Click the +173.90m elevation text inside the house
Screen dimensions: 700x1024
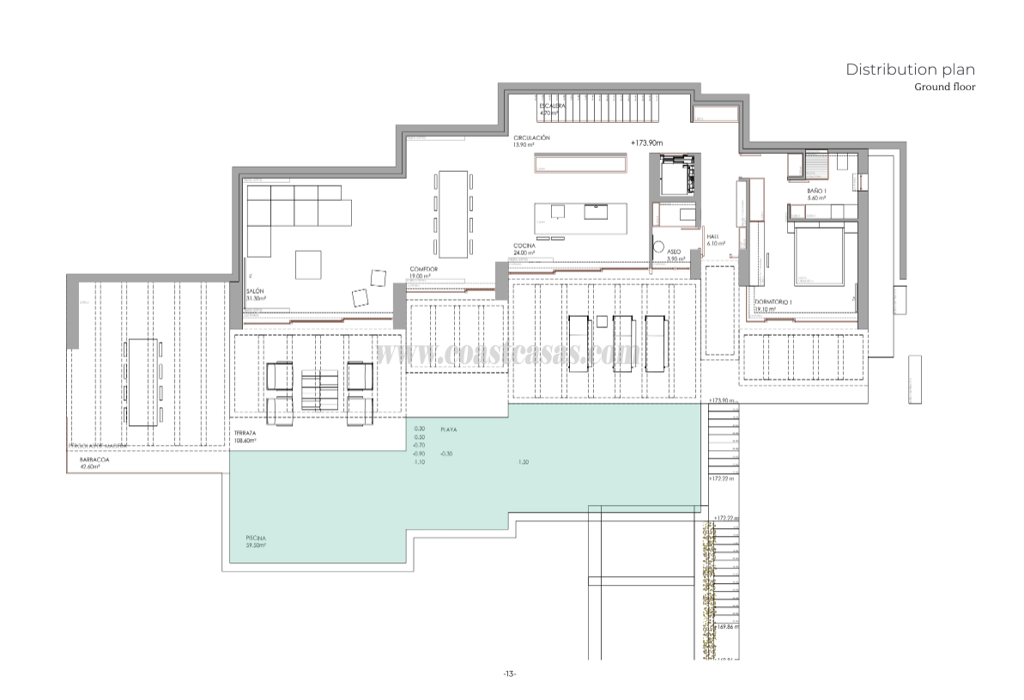point(648,143)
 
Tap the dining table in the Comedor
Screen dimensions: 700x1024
point(452,214)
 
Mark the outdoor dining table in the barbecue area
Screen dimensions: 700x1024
point(142,382)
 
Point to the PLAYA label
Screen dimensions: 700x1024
point(448,429)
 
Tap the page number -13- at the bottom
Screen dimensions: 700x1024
point(510,673)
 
